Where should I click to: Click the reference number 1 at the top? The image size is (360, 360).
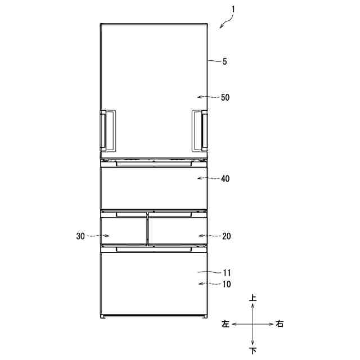point(233,10)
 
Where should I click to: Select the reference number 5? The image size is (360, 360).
point(224,61)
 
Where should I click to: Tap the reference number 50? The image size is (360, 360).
point(225,97)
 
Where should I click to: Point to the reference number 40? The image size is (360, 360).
point(225,179)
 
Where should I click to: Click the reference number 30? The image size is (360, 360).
point(80,236)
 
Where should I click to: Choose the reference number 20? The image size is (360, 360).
point(226,236)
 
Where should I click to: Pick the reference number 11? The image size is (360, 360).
point(227,273)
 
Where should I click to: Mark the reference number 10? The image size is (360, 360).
point(227,284)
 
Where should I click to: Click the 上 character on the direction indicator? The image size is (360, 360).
point(253,298)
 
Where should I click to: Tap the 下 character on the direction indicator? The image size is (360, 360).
point(253,350)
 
